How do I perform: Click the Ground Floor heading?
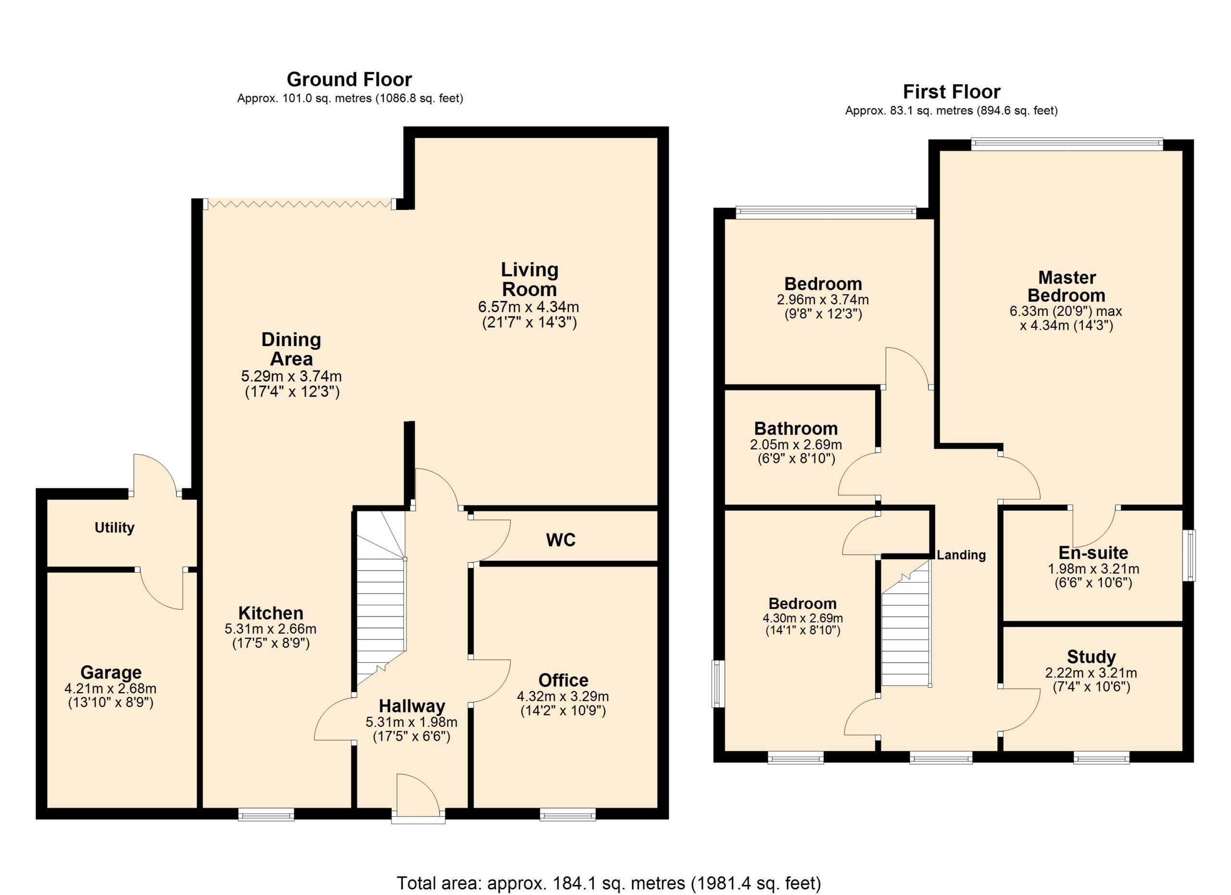tap(349, 80)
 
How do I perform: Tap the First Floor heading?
tap(952, 92)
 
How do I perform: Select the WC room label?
tap(561, 540)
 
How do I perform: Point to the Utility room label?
tap(114, 528)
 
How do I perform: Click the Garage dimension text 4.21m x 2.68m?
tap(111, 689)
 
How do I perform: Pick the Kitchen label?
tap(271, 613)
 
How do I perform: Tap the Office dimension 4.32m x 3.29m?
tap(563, 696)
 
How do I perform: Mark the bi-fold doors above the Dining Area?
tap(300, 204)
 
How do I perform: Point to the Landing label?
tap(961, 555)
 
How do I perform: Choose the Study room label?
tap(1091, 657)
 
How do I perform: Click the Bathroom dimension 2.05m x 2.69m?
tap(796, 445)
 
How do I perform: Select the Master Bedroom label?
tap(1067, 286)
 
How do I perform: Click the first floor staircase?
tap(905, 624)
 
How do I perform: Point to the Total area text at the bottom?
tap(609, 883)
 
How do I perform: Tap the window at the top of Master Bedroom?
tap(1067, 144)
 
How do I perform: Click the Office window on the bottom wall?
tap(567, 814)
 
